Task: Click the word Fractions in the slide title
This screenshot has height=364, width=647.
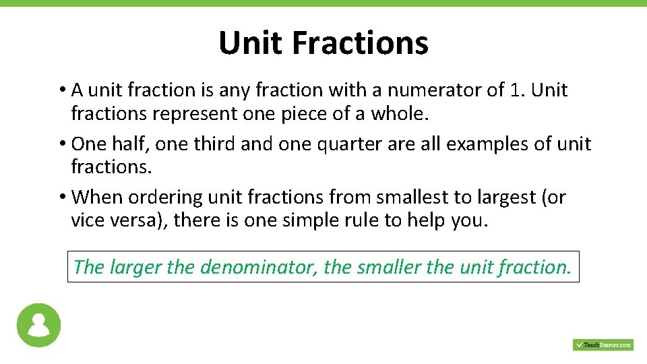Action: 360,43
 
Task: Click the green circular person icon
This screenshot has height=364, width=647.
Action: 39,326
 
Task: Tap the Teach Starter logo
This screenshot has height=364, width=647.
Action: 603,344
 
